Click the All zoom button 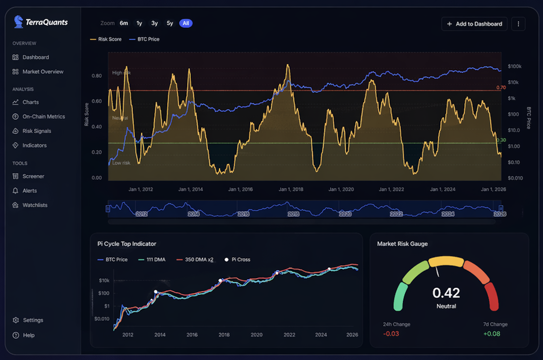coord(186,23)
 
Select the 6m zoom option coord(124,23)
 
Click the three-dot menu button coord(518,24)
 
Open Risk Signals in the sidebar coord(36,131)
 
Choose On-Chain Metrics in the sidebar coord(44,116)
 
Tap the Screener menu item coord(33,176)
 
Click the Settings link coord(33,320)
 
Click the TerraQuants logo coord(41,22)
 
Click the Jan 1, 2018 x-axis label coord(291,189)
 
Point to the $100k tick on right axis coord(515,66)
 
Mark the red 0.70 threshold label coord(501,88)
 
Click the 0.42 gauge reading coord(446,293)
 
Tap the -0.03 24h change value coord(391,334)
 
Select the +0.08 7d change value coord(491,334)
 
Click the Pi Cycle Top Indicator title coord(127,244)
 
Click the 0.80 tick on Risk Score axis coord(97,76)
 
